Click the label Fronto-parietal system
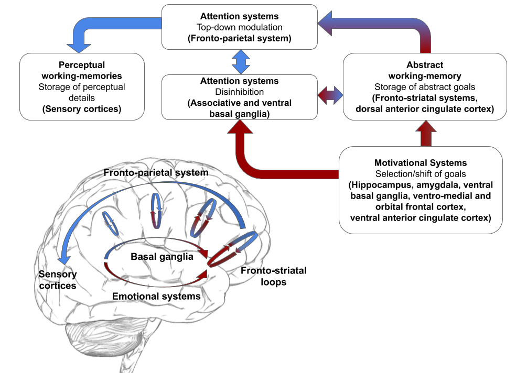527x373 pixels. tap(156, 172)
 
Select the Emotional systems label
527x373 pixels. tap(156, 296)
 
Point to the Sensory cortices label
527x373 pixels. tap(58, 280)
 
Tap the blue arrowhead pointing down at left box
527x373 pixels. tap(79, 46)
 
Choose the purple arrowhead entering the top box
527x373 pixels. tap(326, 25)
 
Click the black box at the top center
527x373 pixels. tap(239, 27)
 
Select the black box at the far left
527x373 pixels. tap(82, 86)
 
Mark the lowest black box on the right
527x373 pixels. tap(421, 190)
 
